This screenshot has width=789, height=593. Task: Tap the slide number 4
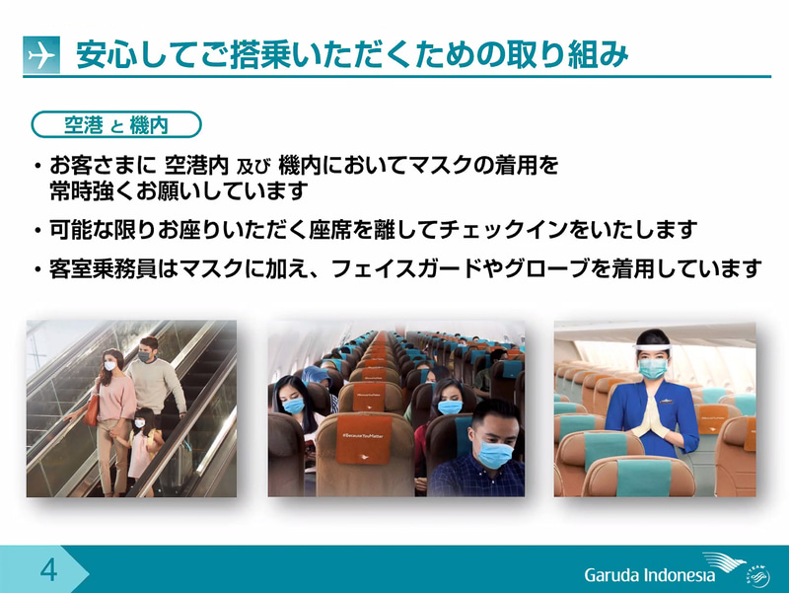[46, 570]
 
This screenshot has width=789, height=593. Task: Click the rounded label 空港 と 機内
[116, 124]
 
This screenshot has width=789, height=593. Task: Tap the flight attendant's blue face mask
[652, 368]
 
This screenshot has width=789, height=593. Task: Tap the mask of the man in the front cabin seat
[495, 455]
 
